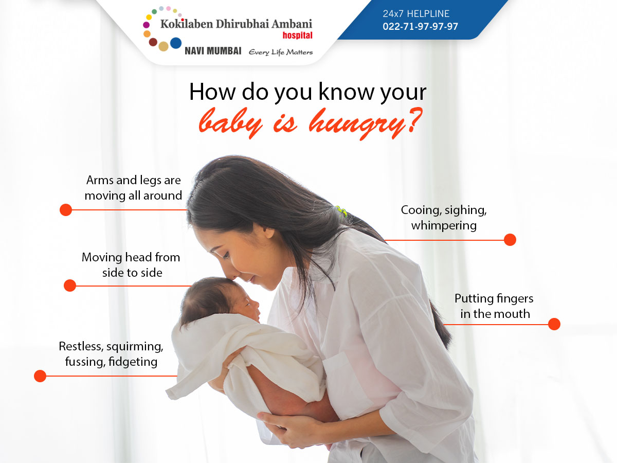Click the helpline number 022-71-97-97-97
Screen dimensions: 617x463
(420, 26)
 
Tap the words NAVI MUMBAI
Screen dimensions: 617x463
(213, 51)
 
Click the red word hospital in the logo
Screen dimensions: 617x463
(297, 35)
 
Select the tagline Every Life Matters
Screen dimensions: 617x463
(281, 52)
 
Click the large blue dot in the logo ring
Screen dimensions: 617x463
(176, 43)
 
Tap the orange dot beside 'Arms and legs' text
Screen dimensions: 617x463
(66, 210)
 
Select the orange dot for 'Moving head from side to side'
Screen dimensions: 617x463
(70, 286)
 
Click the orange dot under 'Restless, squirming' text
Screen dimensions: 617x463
(40, 376)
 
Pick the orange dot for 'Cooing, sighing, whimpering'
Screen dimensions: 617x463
(510, 240)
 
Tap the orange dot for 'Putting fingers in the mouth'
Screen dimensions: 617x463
(554, 324)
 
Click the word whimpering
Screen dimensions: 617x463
(444, 226)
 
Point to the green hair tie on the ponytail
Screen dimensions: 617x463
(341, 211)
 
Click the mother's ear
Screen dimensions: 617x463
(269, 232)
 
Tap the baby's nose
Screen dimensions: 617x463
(257, 304)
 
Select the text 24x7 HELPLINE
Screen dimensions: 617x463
(416, 14)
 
